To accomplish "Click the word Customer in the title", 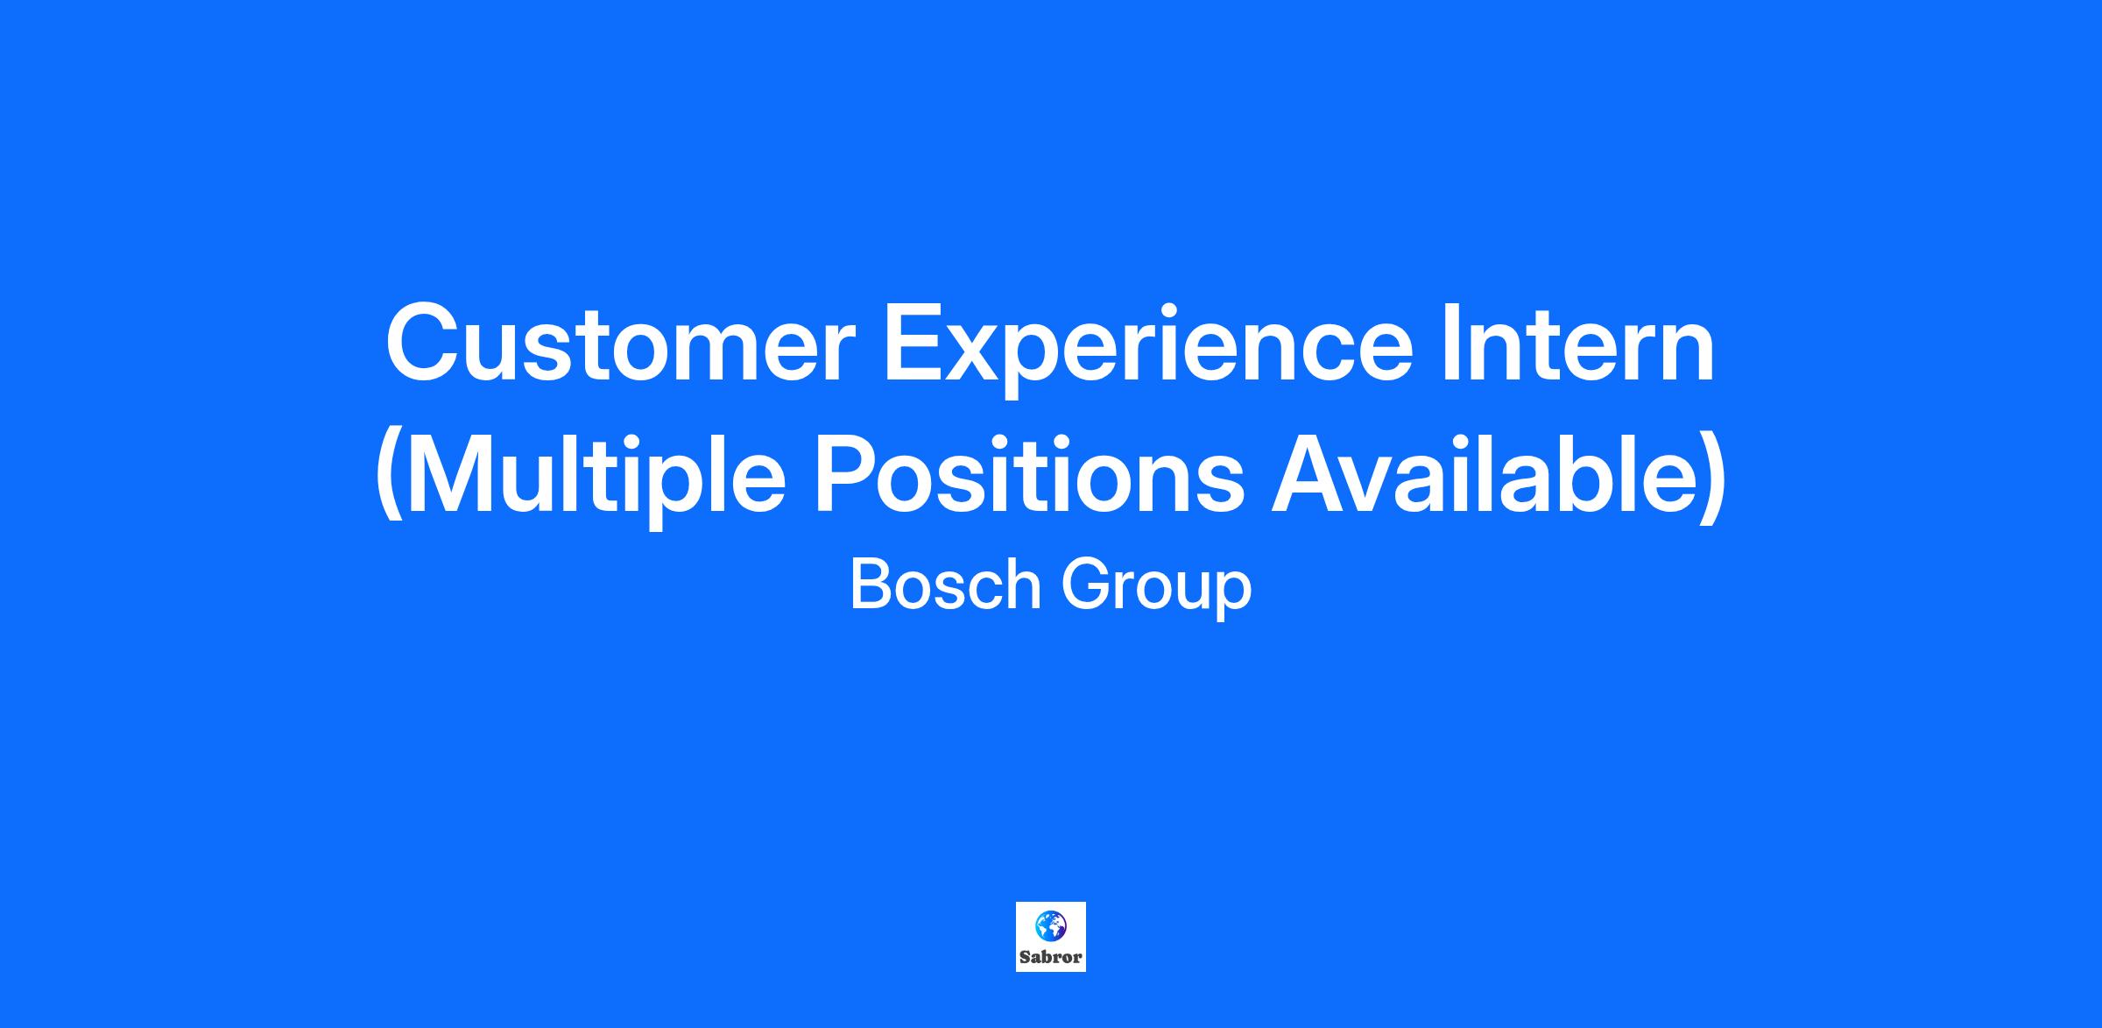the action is [x=620, y=343].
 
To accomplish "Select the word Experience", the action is [x=1149, y=350].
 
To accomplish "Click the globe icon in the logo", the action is [x=1051, y=924].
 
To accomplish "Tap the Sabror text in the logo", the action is [x=1051, y=957].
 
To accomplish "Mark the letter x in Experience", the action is [x=987, y=353].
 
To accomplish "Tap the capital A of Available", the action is [x=1310, y=472].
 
